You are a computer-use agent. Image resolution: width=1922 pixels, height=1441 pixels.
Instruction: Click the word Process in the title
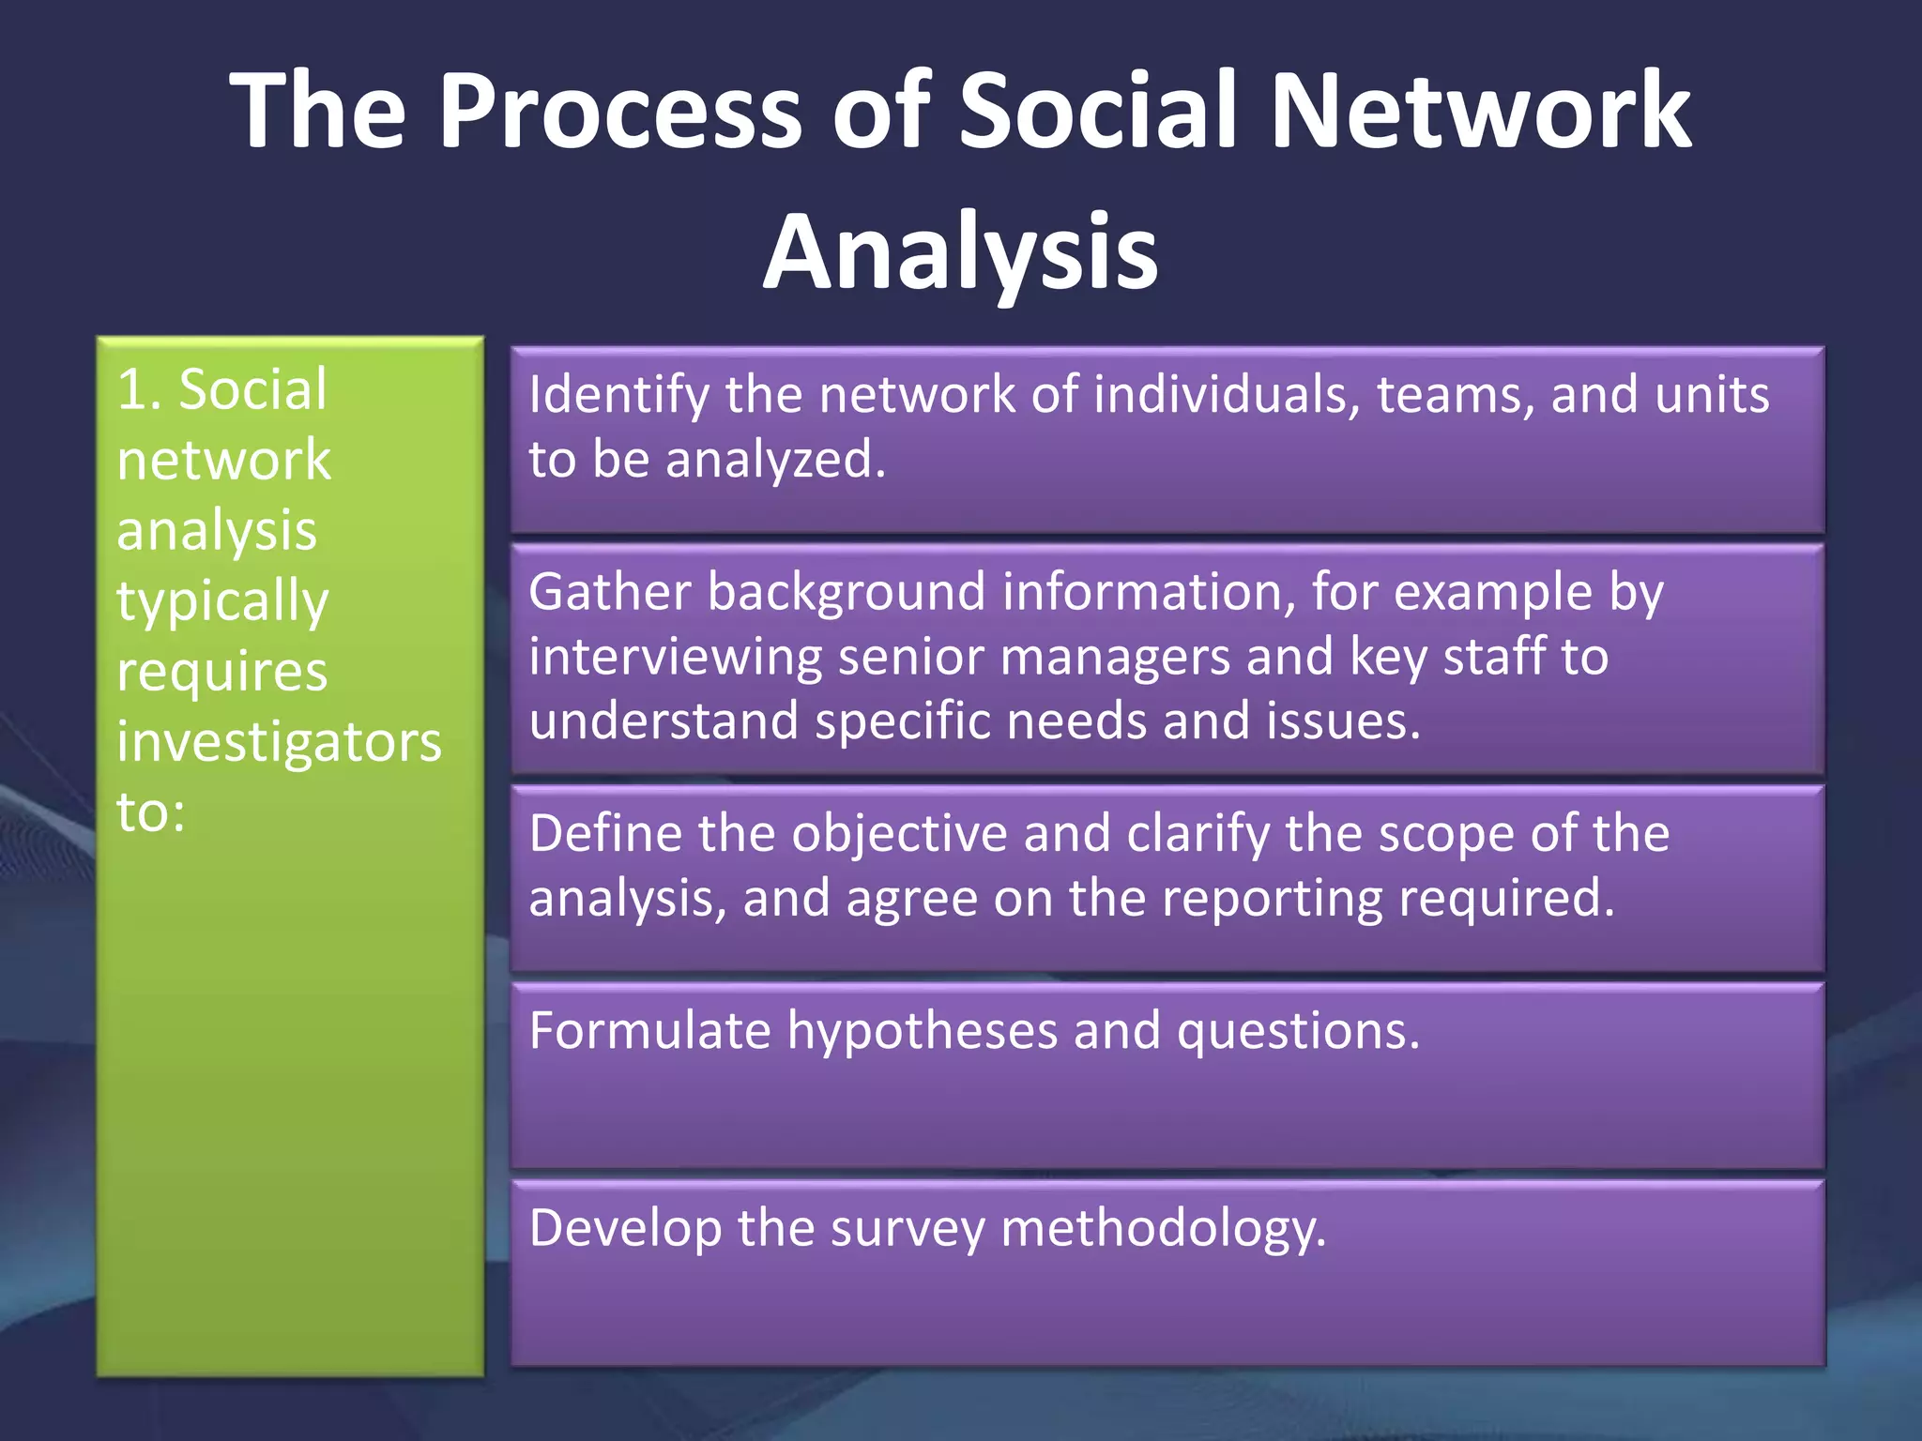point(620,111)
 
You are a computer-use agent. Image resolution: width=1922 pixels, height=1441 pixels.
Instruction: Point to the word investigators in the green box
point(279,743)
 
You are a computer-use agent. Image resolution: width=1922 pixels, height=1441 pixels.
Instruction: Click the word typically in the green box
point(222,602)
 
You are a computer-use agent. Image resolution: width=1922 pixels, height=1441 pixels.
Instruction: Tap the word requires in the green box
point(222,673)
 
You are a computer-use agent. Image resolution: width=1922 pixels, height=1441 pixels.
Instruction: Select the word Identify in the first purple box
point(618,396)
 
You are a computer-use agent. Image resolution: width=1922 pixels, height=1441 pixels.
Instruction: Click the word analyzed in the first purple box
point(774,460)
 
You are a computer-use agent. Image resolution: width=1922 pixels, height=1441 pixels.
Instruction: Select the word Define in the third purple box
point(605,834)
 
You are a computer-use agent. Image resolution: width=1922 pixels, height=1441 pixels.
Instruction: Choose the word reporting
point(1272,899)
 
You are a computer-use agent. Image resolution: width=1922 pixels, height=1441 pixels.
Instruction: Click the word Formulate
point(649,1031)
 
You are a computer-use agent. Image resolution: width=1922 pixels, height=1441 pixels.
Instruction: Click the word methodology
point(1163,1229)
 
